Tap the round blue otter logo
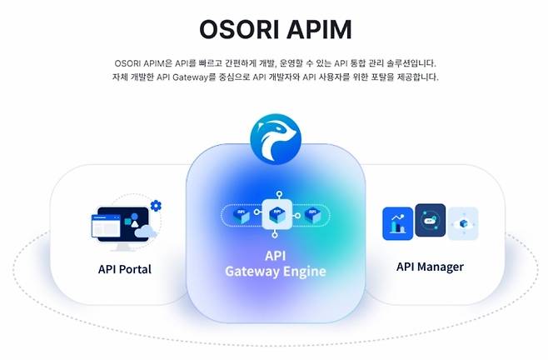coord(274,142)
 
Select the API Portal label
coord(124,269)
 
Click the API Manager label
coord(430,267)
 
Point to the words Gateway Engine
coord(275,272)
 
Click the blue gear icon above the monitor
coord(156,205)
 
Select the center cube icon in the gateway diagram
coord(274,214)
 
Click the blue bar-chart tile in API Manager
coord(397,223)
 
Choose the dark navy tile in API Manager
coord(430,221)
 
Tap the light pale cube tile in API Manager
coord(462,223)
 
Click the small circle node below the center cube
coord(274,237)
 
